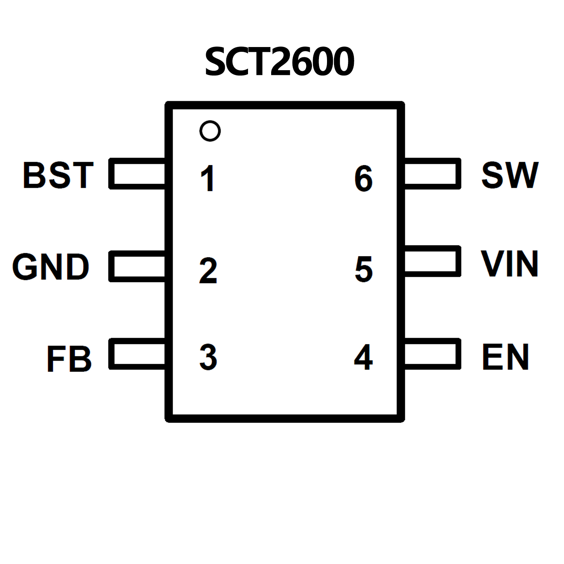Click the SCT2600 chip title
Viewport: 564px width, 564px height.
[x=280, y=61]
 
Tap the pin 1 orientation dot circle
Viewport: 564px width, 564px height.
[x=210, y=131]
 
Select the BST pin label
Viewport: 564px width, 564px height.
[x=58, y=175]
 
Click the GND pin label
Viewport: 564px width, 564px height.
[x=51, y=267]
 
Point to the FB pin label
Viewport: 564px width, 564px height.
[x=69, y=359]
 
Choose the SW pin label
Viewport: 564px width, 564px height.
[x=510, y=175]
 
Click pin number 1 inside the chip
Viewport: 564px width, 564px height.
[x=208, y=178]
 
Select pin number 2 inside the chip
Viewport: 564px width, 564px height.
[x=208, y=270]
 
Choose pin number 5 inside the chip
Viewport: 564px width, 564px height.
[x=363, y=269]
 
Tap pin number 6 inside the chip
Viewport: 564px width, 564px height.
[x=363, y=178]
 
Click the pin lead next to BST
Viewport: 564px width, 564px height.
[x=137, y=174]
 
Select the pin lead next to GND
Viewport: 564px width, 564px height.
[x=137, y=266]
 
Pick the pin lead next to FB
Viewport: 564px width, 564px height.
[x=137, y=354]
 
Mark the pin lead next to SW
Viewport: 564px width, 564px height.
[x=432, y=174]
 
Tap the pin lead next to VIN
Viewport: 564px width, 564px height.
[x=432, y=261]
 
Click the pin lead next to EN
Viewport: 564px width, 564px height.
[x=432, y=354]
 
